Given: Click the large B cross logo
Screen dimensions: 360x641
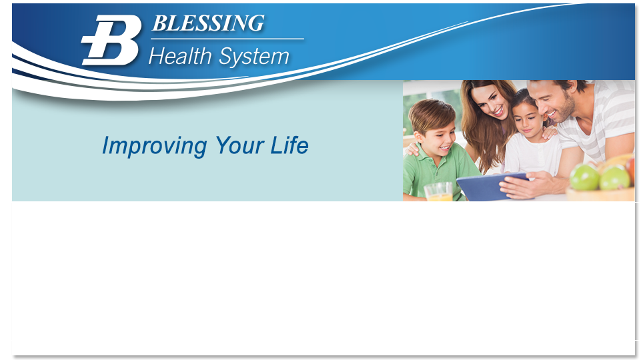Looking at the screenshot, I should (112, 40).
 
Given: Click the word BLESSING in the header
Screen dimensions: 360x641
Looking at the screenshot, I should (208, 23).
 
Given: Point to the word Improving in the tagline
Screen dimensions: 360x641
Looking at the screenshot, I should (153, 145).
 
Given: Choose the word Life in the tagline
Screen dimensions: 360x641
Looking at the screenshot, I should (289, 145).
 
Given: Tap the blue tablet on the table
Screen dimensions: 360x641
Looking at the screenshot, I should (491, 186).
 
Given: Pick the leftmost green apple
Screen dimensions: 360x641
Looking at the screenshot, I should (584, 177).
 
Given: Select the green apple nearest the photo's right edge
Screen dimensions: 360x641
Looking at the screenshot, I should (614, 178).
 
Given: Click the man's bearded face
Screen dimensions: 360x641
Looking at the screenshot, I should (558, 103).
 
